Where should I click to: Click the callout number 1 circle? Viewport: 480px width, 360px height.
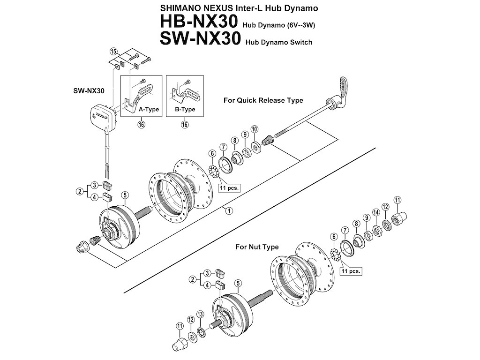coord(228,210)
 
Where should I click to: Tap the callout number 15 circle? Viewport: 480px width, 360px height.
coord(113,51)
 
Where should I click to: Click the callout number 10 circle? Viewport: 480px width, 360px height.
coord(255,129)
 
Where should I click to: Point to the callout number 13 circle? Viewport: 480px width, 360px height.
coord(200,314)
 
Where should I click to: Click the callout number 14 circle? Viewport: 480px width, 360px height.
coord(375,212)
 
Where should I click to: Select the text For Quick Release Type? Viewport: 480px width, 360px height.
coord(263,100)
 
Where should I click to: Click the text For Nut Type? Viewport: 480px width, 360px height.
coord(257,247)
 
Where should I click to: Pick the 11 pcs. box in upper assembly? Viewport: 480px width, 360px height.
coord(230,187)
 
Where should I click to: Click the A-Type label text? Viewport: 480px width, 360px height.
coord(149,110)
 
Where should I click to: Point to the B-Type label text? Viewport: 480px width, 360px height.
coord(185,110)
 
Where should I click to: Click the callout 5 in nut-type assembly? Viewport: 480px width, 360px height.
coord(239,283)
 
